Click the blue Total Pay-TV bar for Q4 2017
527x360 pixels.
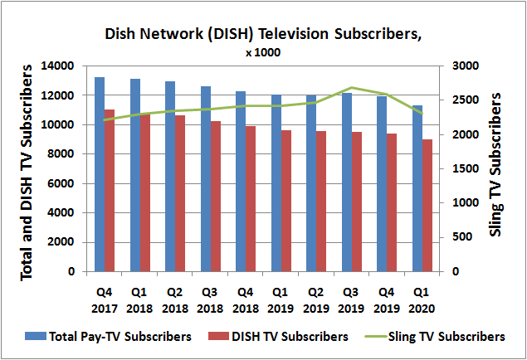pos(99,174)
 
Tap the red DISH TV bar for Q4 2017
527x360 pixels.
pos(109,190)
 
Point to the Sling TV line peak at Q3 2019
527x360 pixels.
pos(352,87)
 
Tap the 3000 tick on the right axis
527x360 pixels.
pos(464,66)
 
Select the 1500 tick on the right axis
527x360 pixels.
pos(464,168)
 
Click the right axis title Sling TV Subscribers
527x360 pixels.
pos(495,166)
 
